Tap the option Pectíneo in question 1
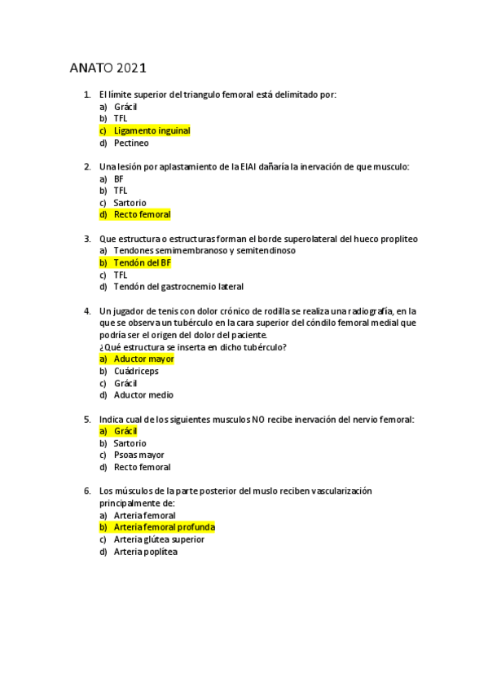tap(131, 143)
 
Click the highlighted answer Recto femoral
tap(142, 214)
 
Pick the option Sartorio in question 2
tap(130, 202)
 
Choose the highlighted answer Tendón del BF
tap(142, 262)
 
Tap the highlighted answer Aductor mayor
tap(143, 359)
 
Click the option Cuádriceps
tap(136, 371)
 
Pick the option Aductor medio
tap(143, 394)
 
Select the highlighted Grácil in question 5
tap(125, 430)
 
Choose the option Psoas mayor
tap(138, 455)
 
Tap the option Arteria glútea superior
tap(159, 539)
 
